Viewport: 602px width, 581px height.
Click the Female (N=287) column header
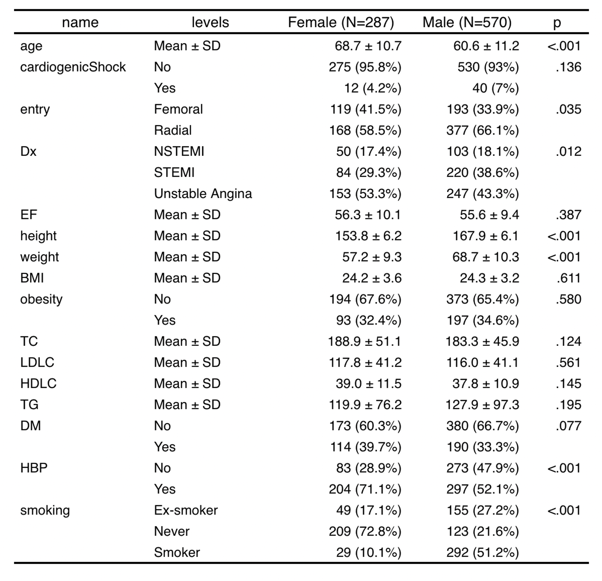[x=341, y=23]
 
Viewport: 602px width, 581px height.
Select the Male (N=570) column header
[x=467, y=23]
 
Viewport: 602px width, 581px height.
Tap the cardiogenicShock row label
[x=73, y=67]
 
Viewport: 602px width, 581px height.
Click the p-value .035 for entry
[x=569, y=109]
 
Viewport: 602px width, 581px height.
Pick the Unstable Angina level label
[x=203, y=194]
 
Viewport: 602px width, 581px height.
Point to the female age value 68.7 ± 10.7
[x=368, y=46]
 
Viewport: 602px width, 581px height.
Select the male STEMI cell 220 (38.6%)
[x=483, y=173]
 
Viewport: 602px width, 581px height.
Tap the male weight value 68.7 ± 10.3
[x=486, y=257]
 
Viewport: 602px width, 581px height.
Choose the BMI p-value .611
[x=569, y=278]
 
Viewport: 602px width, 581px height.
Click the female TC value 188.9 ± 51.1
[x=365, y=341]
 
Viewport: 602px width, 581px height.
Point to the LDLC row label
[x=37, y=362]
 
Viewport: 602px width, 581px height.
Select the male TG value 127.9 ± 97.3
[x=482, y=405]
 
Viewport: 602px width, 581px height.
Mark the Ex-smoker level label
[x=186, y=510]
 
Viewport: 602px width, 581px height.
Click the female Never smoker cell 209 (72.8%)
[x=365, y=532]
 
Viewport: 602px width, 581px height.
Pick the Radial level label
[x=172, y=130]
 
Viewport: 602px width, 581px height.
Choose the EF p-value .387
[x=569, y=215]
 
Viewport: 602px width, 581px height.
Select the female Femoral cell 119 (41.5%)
[x=365, y=109]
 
